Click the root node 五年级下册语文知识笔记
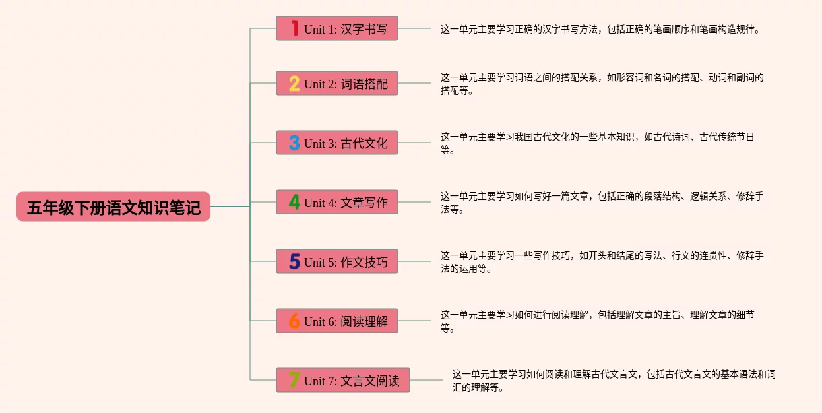point(113,206)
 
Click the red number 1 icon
point(294,28)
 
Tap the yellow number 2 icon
point(294,84)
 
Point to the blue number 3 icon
point(294,143)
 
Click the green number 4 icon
point(294,202)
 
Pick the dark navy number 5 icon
point(294,261)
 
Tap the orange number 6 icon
point(294,321)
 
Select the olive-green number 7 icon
point(294,380)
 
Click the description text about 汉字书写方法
point(600,30)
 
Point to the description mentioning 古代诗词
point(597,143)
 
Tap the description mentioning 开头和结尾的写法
point(602,262)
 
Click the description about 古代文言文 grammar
point(614,381)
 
